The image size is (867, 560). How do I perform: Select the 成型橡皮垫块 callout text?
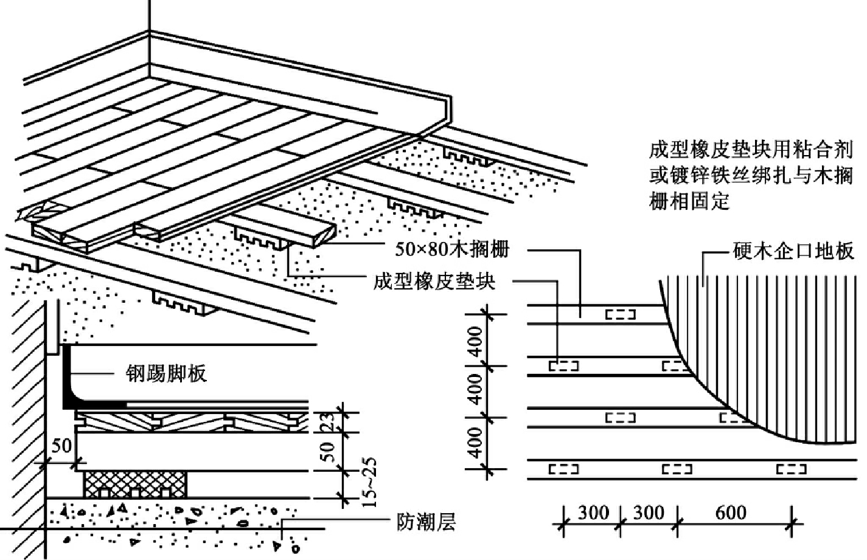click(x=434, y=282)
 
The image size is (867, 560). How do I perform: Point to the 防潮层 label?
click(x=426, y=522)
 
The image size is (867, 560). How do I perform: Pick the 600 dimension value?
click(x=730, y=513)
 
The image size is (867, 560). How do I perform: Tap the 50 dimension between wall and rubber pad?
click(x=61, y=446)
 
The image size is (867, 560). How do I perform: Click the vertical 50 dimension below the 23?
click(x=328, y=451)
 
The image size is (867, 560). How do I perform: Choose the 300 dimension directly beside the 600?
click(x=649, y=513)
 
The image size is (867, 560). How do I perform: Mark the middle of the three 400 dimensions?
click(x=476, y=391)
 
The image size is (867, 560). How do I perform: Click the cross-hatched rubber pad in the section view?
click(x=134, y=483)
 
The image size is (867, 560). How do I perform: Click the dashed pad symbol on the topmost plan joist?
click(x=620, y=314)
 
